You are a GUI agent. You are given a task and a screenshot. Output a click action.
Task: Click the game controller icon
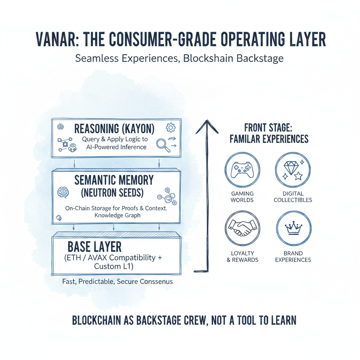242,169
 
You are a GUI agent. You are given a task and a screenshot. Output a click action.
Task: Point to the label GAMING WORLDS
242,197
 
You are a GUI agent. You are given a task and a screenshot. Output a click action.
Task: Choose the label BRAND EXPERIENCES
293,256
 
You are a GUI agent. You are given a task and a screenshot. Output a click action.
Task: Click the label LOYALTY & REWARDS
242,256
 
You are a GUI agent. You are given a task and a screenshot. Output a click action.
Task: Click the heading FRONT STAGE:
269,127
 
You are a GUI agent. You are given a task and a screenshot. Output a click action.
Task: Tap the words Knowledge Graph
117,215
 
